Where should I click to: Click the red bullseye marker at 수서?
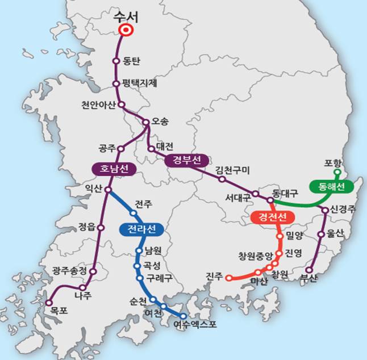[125, 31]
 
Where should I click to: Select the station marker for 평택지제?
[116, 83]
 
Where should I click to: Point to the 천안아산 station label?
[98, 104]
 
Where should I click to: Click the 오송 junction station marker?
[146, 122]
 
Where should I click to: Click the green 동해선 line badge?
[331, 186]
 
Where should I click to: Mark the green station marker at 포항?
[337, 171]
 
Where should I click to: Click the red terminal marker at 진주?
[228, 278]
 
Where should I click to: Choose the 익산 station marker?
[107, 190]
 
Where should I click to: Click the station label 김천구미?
[233, 170]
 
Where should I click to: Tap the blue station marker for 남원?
[139, 250]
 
